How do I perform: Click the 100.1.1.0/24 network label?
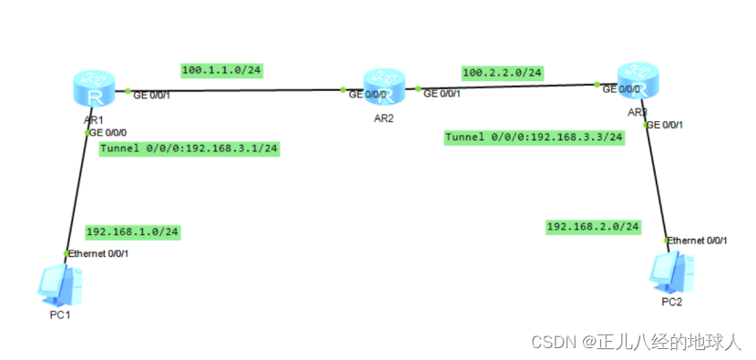coord(222,69)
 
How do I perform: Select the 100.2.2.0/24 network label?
coord(502,71)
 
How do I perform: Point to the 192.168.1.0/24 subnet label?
coord(132,231)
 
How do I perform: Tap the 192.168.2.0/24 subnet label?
coord(593,226)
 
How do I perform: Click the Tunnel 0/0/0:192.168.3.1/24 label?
coord(189,148)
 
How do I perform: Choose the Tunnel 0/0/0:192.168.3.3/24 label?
coord(535,137)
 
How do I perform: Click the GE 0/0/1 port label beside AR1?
coord(152,94)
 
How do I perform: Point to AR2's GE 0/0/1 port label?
coord(442,93)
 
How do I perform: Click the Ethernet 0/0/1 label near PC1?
coord(98,252)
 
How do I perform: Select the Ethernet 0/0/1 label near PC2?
coord(699,241)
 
